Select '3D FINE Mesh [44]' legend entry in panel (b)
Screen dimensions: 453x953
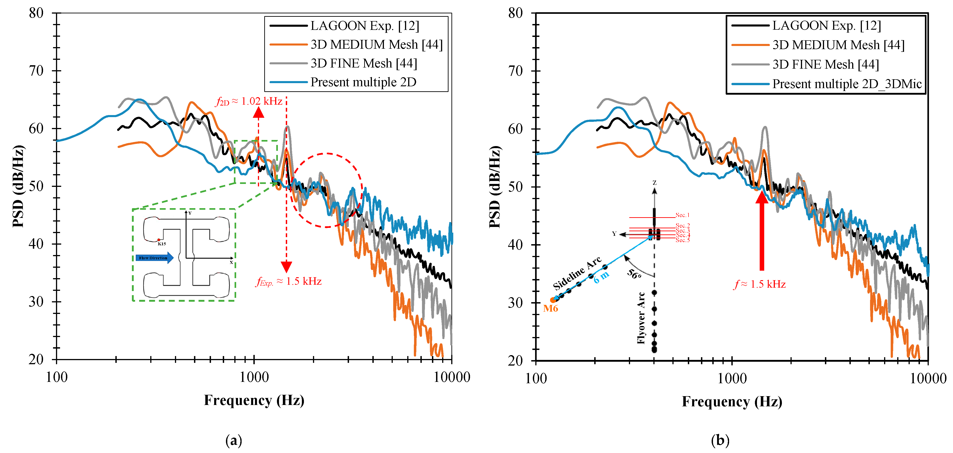click(x=825, y=65)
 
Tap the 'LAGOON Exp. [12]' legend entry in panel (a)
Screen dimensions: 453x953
click(x=364, y=26)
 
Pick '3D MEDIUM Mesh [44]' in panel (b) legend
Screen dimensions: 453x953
click(x=838, y=45)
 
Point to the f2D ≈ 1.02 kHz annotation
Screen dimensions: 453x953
click(x=249, y=101)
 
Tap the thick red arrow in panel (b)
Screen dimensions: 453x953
click(x=761, y=231)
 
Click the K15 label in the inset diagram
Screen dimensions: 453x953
click(x=162, y=244)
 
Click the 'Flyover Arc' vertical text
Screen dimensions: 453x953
click(x=641, y=318)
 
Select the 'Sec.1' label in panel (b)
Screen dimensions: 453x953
click(x=683, y=215)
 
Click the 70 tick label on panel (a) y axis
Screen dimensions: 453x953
click(x=36, y=71)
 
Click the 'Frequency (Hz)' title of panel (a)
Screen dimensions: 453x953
click(x=254, y=400)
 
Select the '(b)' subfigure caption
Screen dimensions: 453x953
click(x=720, y=440)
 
